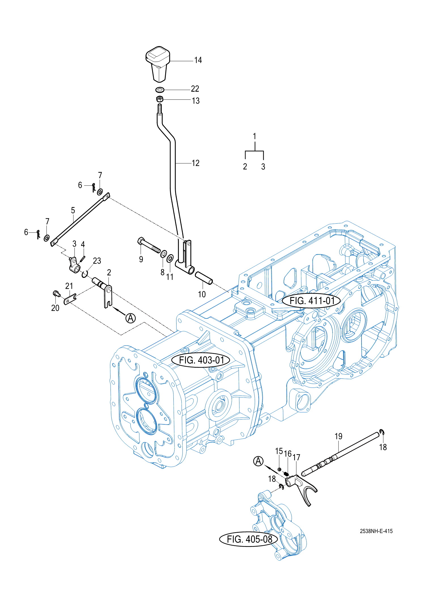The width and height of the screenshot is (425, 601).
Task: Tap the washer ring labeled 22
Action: (160, 90)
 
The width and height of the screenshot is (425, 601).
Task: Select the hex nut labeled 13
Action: (160, 99)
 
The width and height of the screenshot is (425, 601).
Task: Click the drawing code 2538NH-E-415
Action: (376, 531)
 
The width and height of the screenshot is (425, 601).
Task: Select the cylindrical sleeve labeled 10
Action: (204, 278)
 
